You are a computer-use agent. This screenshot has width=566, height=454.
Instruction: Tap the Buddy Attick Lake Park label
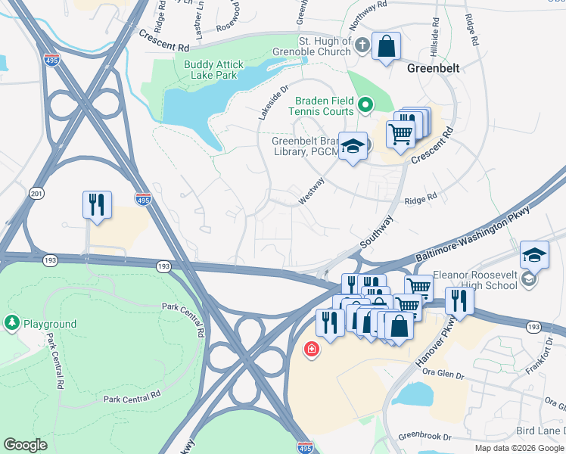pos(221,70)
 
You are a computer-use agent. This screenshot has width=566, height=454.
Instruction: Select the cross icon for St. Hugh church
pos(362,45)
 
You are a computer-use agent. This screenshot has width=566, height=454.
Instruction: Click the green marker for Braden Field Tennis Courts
pos(365,105)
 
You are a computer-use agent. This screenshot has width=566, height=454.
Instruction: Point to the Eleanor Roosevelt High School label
pos(474,279)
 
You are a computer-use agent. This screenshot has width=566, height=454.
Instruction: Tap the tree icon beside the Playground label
pos(11,324)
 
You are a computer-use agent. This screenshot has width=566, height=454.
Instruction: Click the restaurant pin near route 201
pos(97,205)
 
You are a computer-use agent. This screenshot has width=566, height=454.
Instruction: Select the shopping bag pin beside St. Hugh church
pos(386,47)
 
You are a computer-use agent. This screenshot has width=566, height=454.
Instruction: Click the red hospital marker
pos(310,350)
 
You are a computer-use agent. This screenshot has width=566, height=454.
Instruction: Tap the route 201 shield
pos(36,194)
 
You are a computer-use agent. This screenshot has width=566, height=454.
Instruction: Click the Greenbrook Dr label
pos(424,437)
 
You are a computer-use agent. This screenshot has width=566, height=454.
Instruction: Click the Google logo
pos(25,445)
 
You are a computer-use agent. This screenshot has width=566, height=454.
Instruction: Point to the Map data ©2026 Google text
pos(519,448)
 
